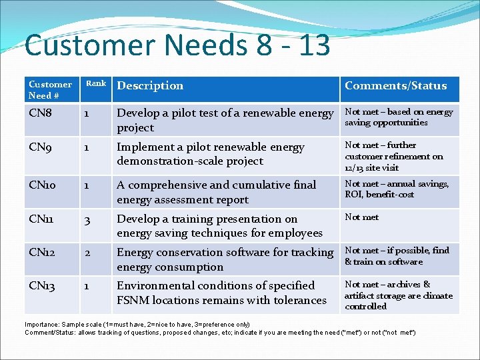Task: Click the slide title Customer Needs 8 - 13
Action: pos(177,45)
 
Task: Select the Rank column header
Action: pos(95,83)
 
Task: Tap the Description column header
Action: pos(150,85)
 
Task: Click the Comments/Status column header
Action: pos(395,85)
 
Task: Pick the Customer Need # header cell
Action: pos(50,89)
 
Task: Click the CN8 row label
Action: pos(40,113)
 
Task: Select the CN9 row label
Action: pos(40,147)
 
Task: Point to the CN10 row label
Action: pos(43,185)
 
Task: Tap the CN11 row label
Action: pos(42,219)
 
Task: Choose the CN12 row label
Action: pos(43,252)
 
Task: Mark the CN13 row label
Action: pos(43,285)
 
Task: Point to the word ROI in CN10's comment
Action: pos(353,195)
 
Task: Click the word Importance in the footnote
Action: pos(41,324)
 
